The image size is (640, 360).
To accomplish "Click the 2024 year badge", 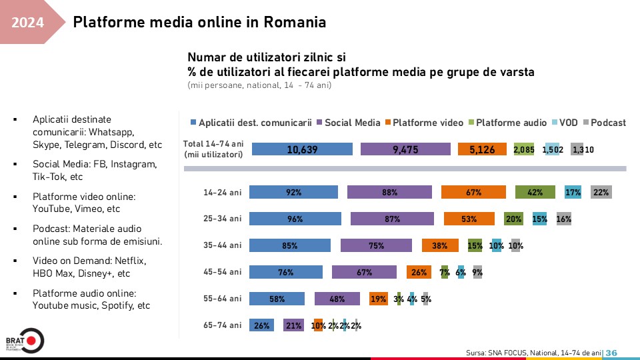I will (x=28, y=23).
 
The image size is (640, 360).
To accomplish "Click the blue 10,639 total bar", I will (x=301, y=149).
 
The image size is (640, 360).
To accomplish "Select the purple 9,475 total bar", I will (x=405, y=149).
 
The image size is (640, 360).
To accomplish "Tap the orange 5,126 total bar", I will (x=482, y=149).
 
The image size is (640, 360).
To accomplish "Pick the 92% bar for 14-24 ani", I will (x=293, y=192).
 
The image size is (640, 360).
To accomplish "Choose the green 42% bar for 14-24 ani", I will (x=534, y=192).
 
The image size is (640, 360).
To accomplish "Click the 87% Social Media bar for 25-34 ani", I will (x=392, y=219).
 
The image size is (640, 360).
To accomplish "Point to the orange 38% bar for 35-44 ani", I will (x=439, y=245).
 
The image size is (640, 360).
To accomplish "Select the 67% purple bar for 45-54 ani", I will (x=364, y=272).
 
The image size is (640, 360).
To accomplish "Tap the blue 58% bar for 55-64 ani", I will (x=277, y=299).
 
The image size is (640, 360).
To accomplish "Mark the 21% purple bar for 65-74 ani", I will (x=293, y=325).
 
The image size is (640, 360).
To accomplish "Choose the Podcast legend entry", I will (x=607, y=122).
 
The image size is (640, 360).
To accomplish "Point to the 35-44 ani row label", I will (x=223, y=245).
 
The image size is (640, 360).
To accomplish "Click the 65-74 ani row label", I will (x=223, y=325).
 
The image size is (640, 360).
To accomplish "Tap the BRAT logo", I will (x=24, y=341).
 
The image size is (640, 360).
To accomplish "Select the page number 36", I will (x=611, y=352).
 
